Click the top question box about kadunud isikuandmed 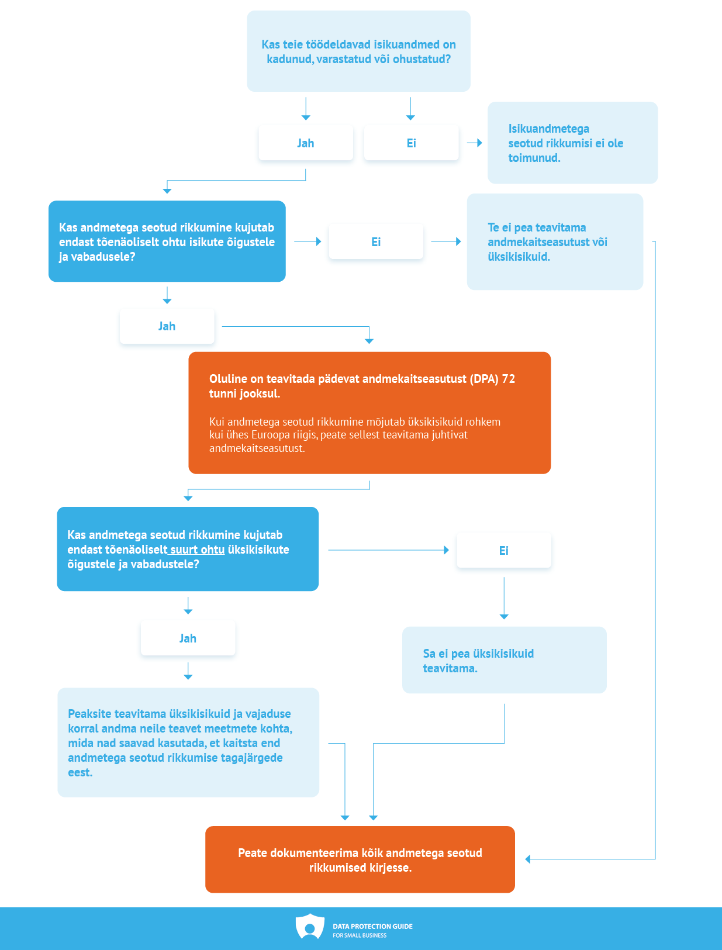358,51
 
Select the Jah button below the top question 306,143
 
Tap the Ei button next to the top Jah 411,143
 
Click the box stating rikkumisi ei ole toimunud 572,143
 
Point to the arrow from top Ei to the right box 475,143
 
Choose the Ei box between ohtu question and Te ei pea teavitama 376,241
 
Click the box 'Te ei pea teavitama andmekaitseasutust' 555,241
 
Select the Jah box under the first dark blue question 167,326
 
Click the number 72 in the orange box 508,379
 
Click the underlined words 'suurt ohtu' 197,550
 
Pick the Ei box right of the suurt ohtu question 504,550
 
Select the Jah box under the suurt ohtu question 188,638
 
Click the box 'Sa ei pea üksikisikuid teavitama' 505,660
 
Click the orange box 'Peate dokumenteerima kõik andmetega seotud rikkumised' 360,859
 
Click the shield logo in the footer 310,927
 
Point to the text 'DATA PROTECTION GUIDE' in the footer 372,926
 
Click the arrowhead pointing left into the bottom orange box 528,859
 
